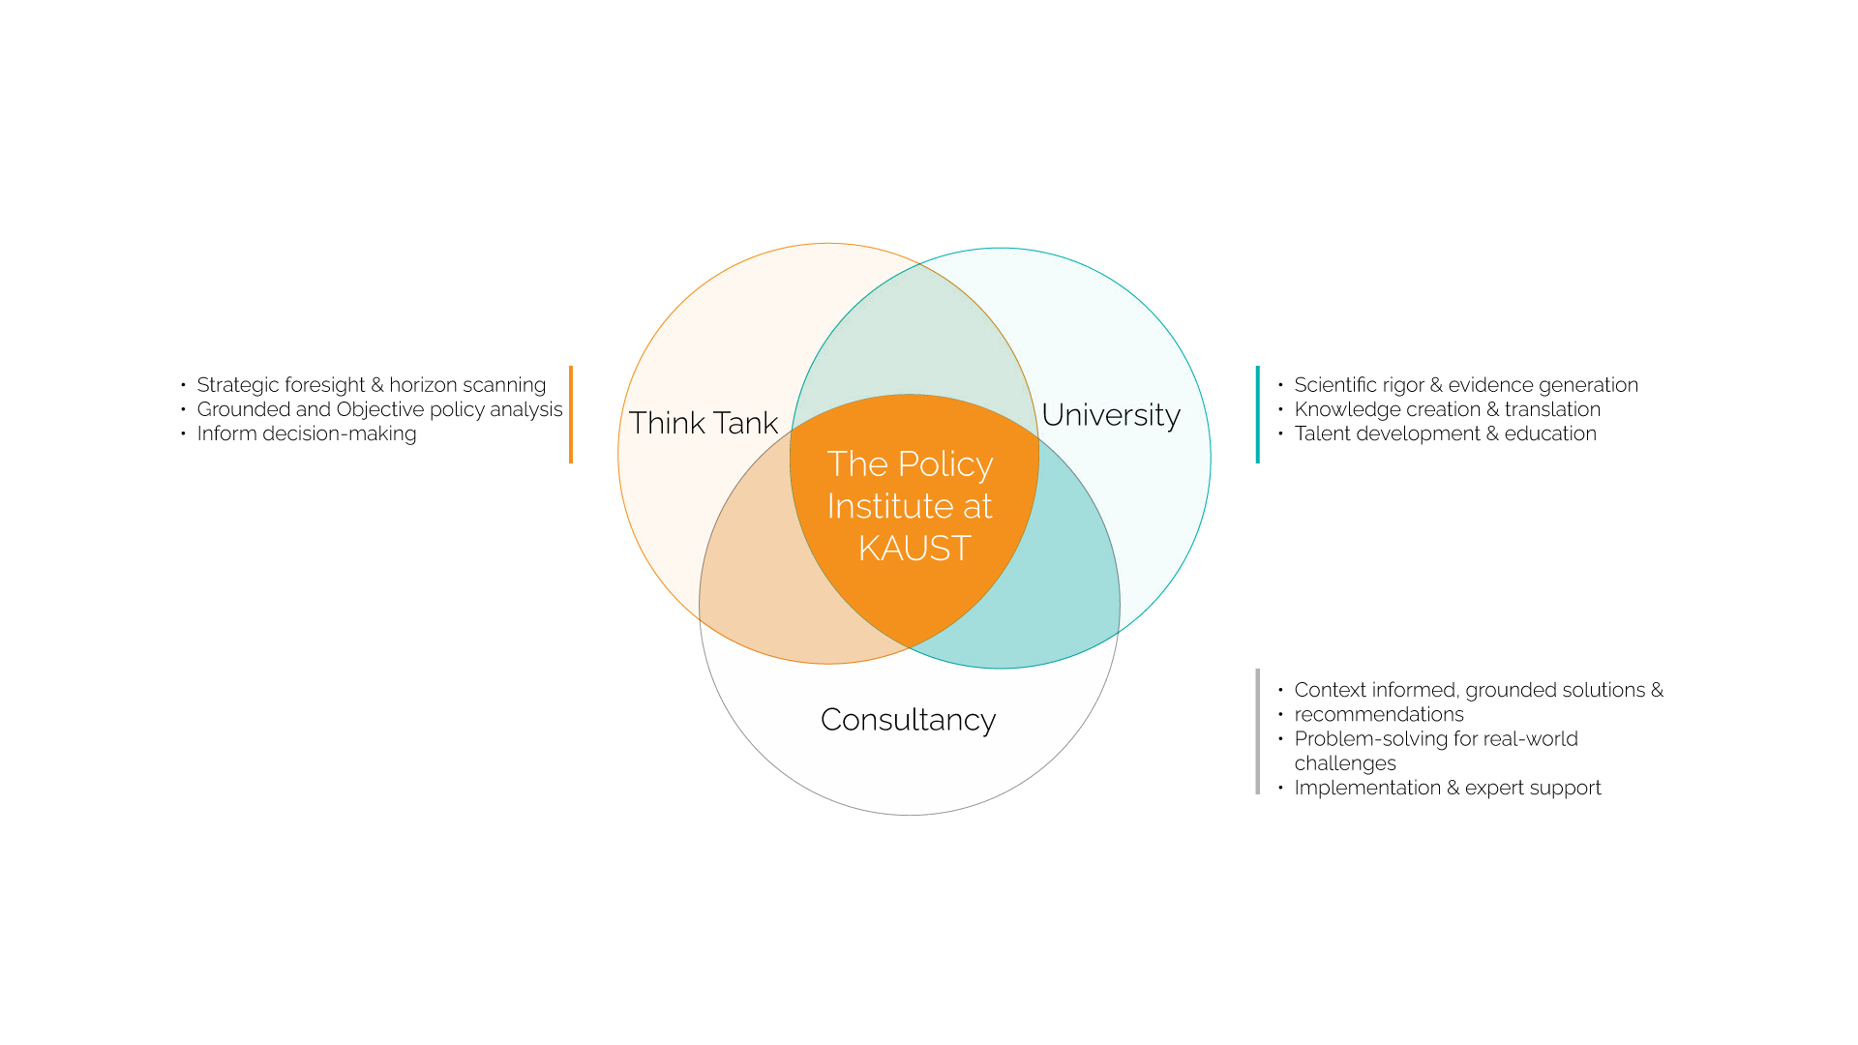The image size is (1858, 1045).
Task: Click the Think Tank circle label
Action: pyautogui.click(x=704, y=423)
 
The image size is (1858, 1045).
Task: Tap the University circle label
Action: pyautogui.click(x=1111, y=415)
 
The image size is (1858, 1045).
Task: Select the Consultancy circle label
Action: pyautogui.click(x=908, y=720)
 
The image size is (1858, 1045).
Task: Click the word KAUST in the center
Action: pyautogui.click(x=914, y=549)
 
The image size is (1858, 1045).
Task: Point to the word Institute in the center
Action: pyautogui.click(x=883, y=506)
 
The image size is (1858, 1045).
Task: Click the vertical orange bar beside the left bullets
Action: pyautogui.click(x=571, y=414)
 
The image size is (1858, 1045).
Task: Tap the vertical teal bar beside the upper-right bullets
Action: pyautogui.click(x=1257, y=414)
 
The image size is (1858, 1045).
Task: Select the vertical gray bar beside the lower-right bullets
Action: pyautogui.click(x=1257, y=731)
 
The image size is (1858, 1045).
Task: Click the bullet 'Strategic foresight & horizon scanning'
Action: pyautogui.click(x=371, y=385)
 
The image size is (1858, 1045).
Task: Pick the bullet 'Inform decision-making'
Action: pyautogui.click(x=306, y=433)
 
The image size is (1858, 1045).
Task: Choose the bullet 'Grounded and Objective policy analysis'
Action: pyautogui.click(x=379, y=409)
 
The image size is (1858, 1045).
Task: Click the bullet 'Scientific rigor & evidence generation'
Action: pyautogui.click(x=1465, y=385)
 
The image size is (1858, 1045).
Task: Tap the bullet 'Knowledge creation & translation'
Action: pyautogui.click(x=1447, y=409)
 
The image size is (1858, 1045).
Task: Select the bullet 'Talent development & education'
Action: pyautogui.click(x=1445, y=433)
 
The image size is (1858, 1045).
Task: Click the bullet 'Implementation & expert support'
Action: pyautogui.click(x=1447, y=788)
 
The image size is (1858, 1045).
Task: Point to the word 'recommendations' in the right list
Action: pyautogui.click(x=1378, y=714)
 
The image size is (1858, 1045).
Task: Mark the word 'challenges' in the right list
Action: pyautogui.click(x=1344, y=763)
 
